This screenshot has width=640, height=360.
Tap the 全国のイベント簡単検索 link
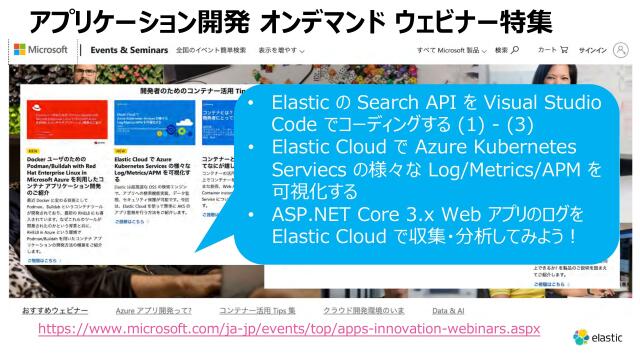click(210, 50)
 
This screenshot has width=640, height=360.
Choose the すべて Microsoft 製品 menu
click(452, 50)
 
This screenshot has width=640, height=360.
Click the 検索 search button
click(507, 50)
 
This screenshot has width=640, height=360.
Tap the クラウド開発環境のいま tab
click(364, 312)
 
